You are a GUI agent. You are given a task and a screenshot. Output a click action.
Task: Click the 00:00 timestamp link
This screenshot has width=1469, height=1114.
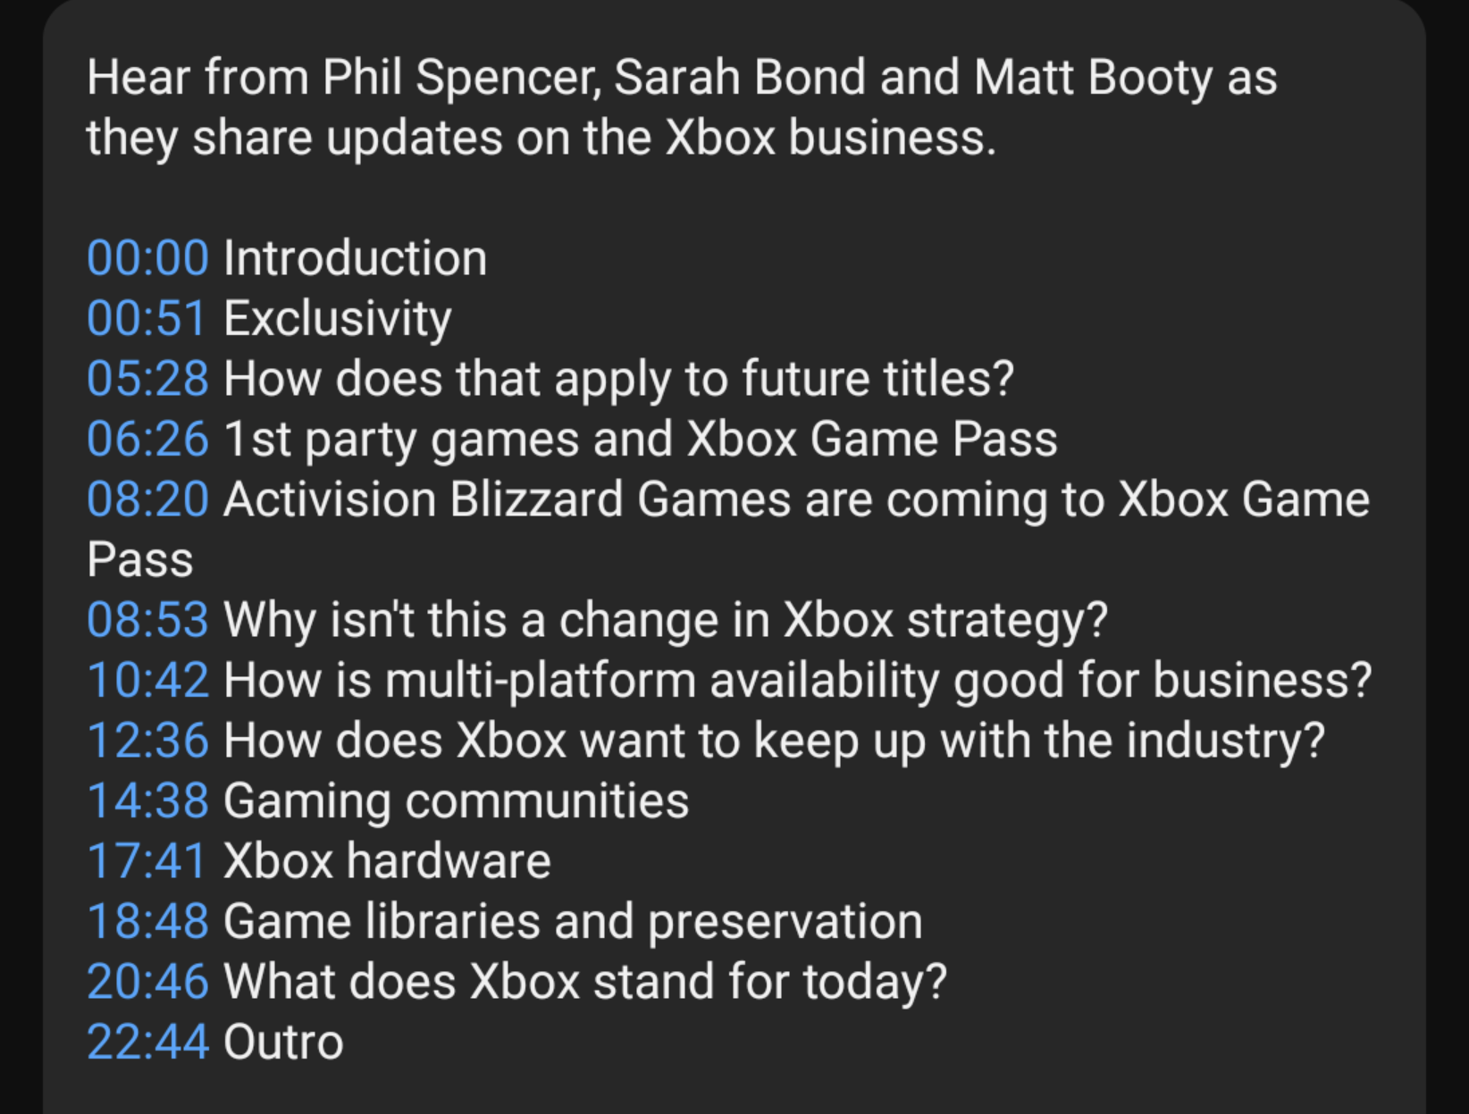tap(148, 258)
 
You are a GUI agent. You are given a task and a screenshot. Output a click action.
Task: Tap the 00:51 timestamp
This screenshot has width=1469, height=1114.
tap(147, 318)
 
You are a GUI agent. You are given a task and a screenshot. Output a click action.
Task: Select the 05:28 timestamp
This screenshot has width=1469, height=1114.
tap(148, 379)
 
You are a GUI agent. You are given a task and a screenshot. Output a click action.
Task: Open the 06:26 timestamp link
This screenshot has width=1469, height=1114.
tap(148, 439)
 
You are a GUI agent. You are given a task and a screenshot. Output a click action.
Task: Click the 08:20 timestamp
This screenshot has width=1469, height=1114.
tap(148, 499)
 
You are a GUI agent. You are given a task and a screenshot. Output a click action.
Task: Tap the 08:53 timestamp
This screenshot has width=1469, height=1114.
tap(148, 620)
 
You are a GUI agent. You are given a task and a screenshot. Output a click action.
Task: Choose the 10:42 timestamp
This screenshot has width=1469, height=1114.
tap(148, 680)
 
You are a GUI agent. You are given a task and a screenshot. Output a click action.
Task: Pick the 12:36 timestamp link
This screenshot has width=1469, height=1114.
tap(148, 740)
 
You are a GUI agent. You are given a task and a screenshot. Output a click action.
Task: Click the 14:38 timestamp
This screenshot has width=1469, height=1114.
tap(148, 800)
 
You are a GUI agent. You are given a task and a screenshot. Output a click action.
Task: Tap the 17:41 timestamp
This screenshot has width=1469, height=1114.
tap(147, 860)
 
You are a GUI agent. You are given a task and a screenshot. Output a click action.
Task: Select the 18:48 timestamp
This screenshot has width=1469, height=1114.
tap(148, 921)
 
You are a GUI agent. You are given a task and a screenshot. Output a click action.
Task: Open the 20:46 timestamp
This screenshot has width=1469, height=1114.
tap(148, 982)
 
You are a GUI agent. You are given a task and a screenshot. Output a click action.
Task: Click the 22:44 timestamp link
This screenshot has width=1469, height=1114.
tap(148, 1042)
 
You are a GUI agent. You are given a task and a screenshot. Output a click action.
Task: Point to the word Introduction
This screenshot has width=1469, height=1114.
tap(356, 258)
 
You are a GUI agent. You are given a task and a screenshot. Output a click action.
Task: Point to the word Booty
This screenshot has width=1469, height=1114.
tap(1150, 79)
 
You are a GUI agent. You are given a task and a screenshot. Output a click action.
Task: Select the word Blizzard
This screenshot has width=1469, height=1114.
tap(536, 499)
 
